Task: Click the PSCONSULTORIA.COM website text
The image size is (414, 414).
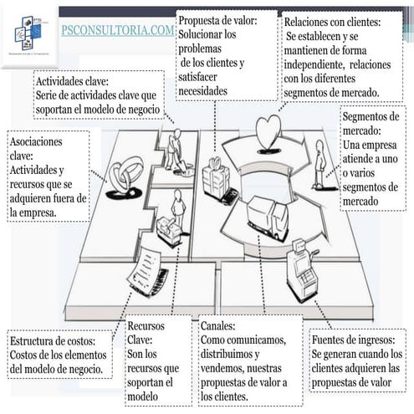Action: pos(118,31)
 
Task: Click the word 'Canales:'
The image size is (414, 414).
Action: pos(217,325)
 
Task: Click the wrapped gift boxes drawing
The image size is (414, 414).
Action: pos(217,173)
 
